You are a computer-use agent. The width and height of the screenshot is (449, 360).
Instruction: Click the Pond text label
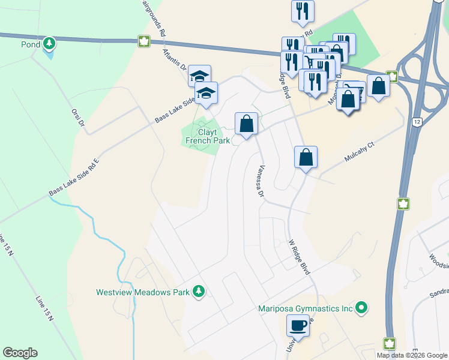(x=30, y=44)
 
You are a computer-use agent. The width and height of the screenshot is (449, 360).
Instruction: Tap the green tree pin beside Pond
(x=49, y=44)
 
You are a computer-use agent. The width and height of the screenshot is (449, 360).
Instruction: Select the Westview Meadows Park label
(x=143, y=293)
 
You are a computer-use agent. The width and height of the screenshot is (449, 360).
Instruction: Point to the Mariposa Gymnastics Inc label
(x=305, y=309)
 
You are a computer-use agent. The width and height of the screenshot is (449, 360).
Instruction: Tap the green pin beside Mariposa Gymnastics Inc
(x=361, y=308)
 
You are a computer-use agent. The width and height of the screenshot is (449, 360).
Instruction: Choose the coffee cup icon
(x=298, y=326)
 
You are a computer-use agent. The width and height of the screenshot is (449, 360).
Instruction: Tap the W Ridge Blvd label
(x=299, y=257)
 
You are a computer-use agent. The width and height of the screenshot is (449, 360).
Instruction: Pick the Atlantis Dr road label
(x=175, y=61)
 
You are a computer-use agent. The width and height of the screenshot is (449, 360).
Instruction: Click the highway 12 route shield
(x=415, y=122)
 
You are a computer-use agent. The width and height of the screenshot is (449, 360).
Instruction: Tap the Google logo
(x=20, y=353)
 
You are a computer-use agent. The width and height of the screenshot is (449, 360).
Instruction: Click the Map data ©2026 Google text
(x=411, y=355)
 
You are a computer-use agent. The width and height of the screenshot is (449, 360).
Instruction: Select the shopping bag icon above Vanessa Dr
(x=246, y=124)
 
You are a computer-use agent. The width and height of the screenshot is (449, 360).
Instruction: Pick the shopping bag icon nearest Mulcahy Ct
(x=306, y=157)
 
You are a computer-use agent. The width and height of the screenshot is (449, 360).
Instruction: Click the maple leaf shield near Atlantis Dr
(x=143, y=41)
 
